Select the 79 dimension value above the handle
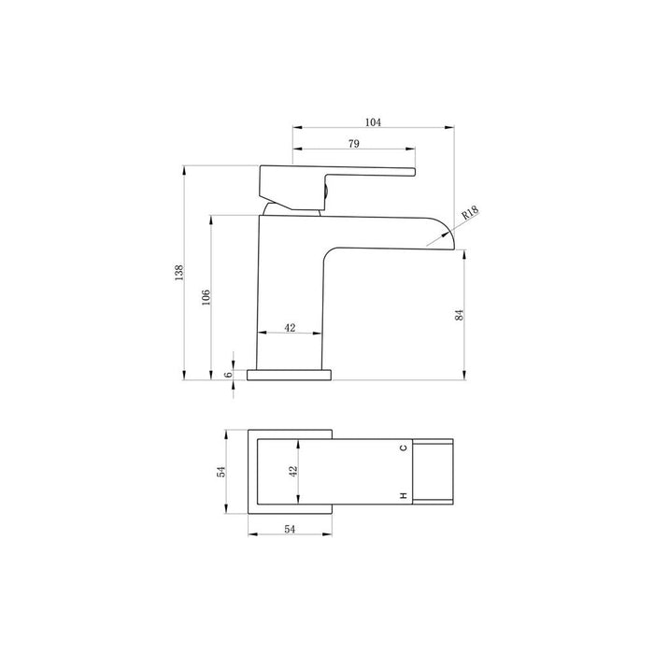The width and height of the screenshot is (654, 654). pos(354,144)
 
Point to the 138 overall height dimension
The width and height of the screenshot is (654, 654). pos(178,273)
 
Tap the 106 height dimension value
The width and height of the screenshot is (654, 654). pos(206,296)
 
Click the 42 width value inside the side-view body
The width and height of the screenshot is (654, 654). pos(290,328)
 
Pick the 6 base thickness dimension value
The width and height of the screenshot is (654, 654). pos(227,375)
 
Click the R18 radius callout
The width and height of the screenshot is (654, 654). pos(469,213)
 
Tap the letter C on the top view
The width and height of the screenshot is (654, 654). pos(404,448)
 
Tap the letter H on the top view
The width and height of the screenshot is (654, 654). pos(404,494)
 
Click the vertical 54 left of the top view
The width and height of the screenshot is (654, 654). pos(220,472)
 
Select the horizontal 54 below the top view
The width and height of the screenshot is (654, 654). pos(289,530)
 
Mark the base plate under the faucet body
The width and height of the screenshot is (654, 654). pos(289,375)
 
